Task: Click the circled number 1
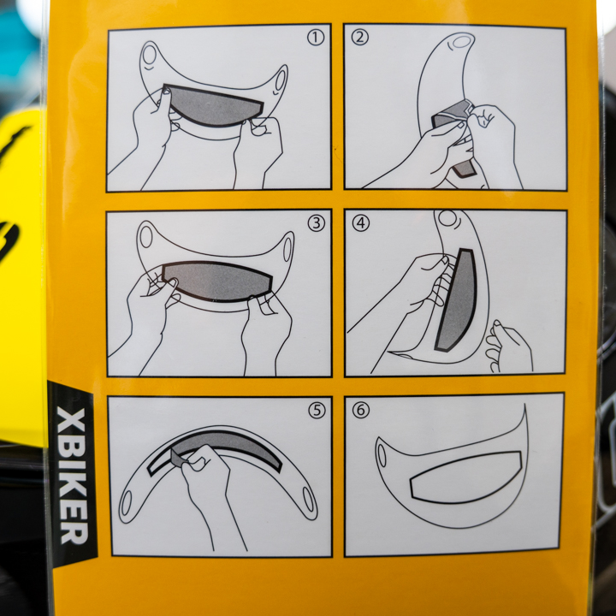click(x=316, y=38)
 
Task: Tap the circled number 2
click(x=360, y=38)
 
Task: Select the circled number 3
click(x=317, y=223)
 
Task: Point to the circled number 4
click(x=361, y=223)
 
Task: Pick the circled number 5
click(x=317, y=411)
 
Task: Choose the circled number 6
click(x=361, y=410)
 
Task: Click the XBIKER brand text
click(x=72, y=477)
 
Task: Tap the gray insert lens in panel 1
click(x=211, y=106)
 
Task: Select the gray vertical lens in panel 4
click(x=458, y=300)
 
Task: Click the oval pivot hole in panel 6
click(x=382, y=456)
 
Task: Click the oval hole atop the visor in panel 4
click(x=447, y=218)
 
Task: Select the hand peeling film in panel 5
click(x=208, y=491)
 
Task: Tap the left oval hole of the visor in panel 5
click(x=126, y=503)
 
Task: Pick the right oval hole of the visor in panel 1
click(x=280, y=80)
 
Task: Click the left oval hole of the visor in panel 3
click(x=145, y=237)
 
